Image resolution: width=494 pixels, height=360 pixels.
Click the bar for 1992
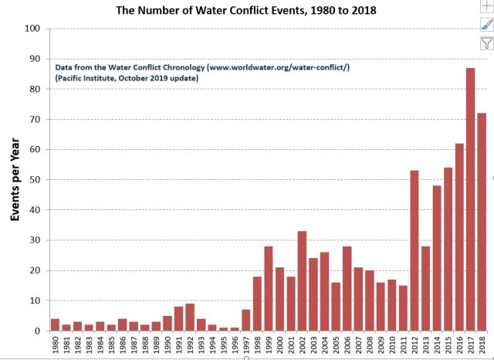click(190, 317)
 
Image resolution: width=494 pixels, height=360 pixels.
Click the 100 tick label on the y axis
click(32, 29)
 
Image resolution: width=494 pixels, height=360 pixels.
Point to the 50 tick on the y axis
click(35, 180)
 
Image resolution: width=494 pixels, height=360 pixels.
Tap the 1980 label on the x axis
click(56, 345)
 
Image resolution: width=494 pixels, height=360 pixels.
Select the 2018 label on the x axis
click(482, 345)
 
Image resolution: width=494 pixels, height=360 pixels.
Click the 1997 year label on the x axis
click(246, 345)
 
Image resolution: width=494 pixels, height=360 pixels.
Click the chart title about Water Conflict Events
click(247, 11)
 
